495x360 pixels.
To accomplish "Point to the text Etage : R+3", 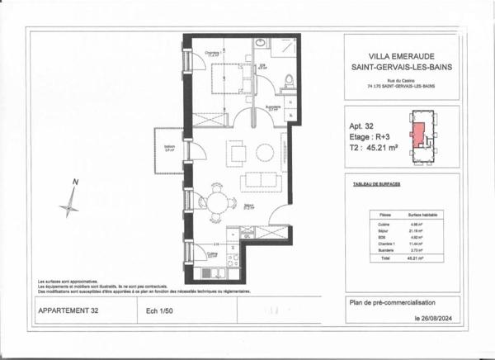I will coord(369,137).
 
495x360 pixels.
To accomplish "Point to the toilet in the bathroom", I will coord(289,80).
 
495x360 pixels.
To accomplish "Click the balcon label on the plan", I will coord(168,149).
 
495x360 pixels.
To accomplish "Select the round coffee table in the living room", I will coord(265,153).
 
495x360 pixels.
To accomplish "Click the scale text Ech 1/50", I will coord(158,311).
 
